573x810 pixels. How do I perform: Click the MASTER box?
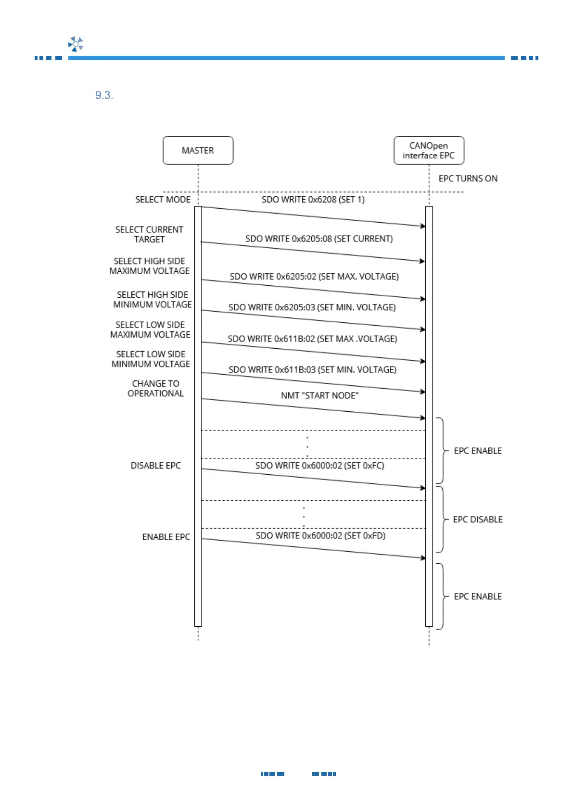click(198, 151)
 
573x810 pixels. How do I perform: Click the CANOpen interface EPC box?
click(429, 151)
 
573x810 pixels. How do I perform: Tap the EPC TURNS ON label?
click(468, 178)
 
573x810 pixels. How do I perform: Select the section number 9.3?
click(104, 95)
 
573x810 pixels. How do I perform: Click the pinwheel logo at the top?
click(76, 44)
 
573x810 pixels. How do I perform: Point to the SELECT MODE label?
click(163, 200)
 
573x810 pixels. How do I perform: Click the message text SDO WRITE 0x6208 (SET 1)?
click(313, 200)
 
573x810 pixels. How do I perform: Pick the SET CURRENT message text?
click(318, 239)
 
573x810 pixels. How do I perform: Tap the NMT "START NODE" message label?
click(319, 395)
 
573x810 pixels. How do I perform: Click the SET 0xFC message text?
click(319, 466)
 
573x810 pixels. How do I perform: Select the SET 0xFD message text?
click(320, 535)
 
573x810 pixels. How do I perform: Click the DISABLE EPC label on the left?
click(155, 466)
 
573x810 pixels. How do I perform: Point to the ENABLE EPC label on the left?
click(166, 537)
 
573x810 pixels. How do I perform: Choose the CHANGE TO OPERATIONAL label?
click(155, 389)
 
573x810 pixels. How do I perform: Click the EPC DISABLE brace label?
click(478, 519)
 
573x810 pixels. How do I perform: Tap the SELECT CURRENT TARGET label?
click(149, 234)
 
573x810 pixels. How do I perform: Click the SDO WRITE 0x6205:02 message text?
click(314, 277)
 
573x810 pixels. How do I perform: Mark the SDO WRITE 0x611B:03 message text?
click(312, 369)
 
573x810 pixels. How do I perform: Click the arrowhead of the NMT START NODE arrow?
click(423, 418)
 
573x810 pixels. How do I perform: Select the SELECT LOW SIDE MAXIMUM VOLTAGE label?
click(150, 329)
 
